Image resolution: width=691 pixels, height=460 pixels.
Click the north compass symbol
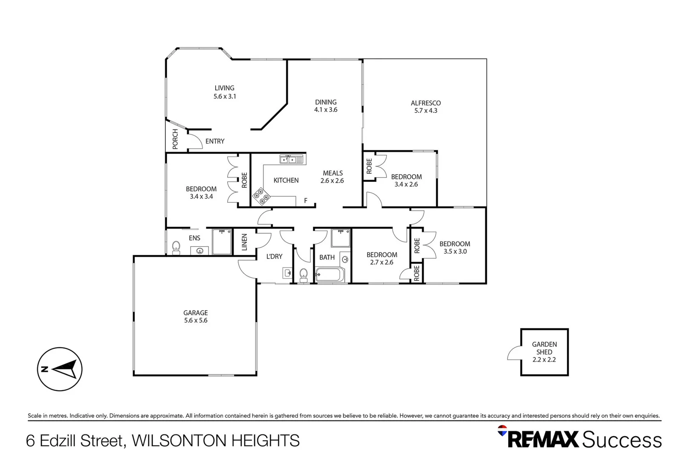point(60,369)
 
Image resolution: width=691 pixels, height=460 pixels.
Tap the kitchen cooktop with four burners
point(261,197)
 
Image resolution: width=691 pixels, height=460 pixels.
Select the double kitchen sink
point(292,160)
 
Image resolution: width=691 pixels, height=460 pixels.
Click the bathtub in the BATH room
point(329,275)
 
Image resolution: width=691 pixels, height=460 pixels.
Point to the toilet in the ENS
point(176,247)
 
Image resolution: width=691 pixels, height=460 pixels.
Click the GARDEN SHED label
point(544,348)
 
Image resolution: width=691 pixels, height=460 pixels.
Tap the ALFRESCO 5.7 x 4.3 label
point(425,106)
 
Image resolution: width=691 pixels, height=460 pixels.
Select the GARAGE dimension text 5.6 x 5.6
point(196,320)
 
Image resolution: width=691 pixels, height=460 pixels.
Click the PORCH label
point(175,139)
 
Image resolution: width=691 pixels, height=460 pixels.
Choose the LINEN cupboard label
point(244,242)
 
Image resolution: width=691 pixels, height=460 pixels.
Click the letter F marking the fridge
point(305,201)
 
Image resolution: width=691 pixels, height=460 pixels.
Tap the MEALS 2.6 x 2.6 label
point(332,177)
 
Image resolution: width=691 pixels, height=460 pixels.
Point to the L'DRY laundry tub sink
point(288,273)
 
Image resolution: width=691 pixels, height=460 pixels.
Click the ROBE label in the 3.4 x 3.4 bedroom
point(244,180)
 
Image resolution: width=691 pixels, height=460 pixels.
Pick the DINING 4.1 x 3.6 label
point(326,106)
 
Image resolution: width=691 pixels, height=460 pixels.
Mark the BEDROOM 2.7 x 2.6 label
point(382,259)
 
